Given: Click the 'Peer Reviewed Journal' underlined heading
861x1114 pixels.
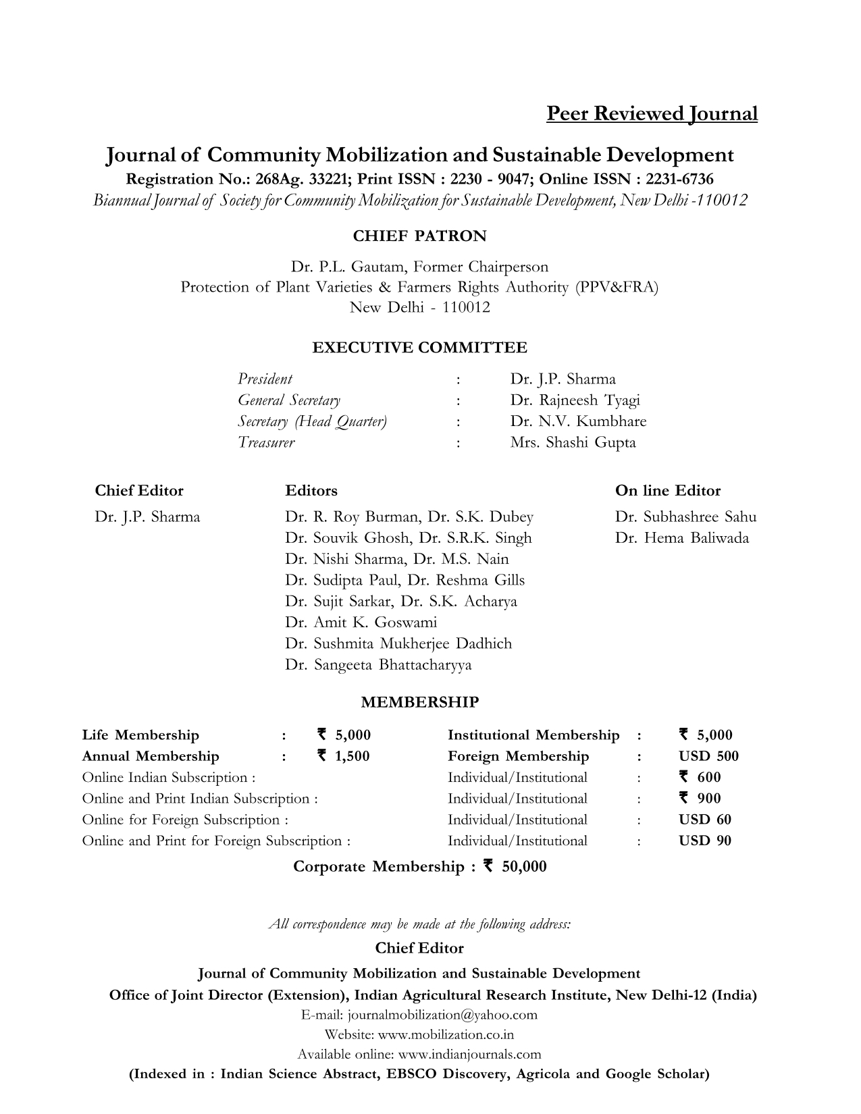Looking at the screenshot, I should pos(652,113).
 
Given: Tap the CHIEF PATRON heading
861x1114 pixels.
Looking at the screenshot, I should pos(419,236).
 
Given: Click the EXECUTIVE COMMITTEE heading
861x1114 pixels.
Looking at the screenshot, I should pos(419,348).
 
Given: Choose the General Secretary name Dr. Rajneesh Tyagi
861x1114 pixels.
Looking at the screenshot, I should pos(575,400).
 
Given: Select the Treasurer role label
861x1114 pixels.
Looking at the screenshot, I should pos(266,443).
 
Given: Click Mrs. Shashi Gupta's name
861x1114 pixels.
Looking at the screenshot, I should pos(573,443).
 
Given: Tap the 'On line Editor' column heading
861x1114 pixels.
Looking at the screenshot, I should pos(667,491).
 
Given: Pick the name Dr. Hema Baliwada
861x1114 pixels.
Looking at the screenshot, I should pos(681,538).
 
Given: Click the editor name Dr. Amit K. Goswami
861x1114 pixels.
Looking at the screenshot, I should pos(361,622).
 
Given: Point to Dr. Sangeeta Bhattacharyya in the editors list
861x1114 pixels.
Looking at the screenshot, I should pos(378,665).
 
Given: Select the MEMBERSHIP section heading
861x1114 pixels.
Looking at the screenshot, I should pos(419,702).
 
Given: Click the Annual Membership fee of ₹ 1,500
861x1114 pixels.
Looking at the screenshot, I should pos(343,756).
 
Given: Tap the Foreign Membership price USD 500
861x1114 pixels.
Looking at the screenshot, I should pos(708,756).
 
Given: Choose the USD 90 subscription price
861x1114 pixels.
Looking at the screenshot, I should pos(704,841).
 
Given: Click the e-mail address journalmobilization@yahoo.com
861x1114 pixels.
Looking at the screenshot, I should pos(442,1015).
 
